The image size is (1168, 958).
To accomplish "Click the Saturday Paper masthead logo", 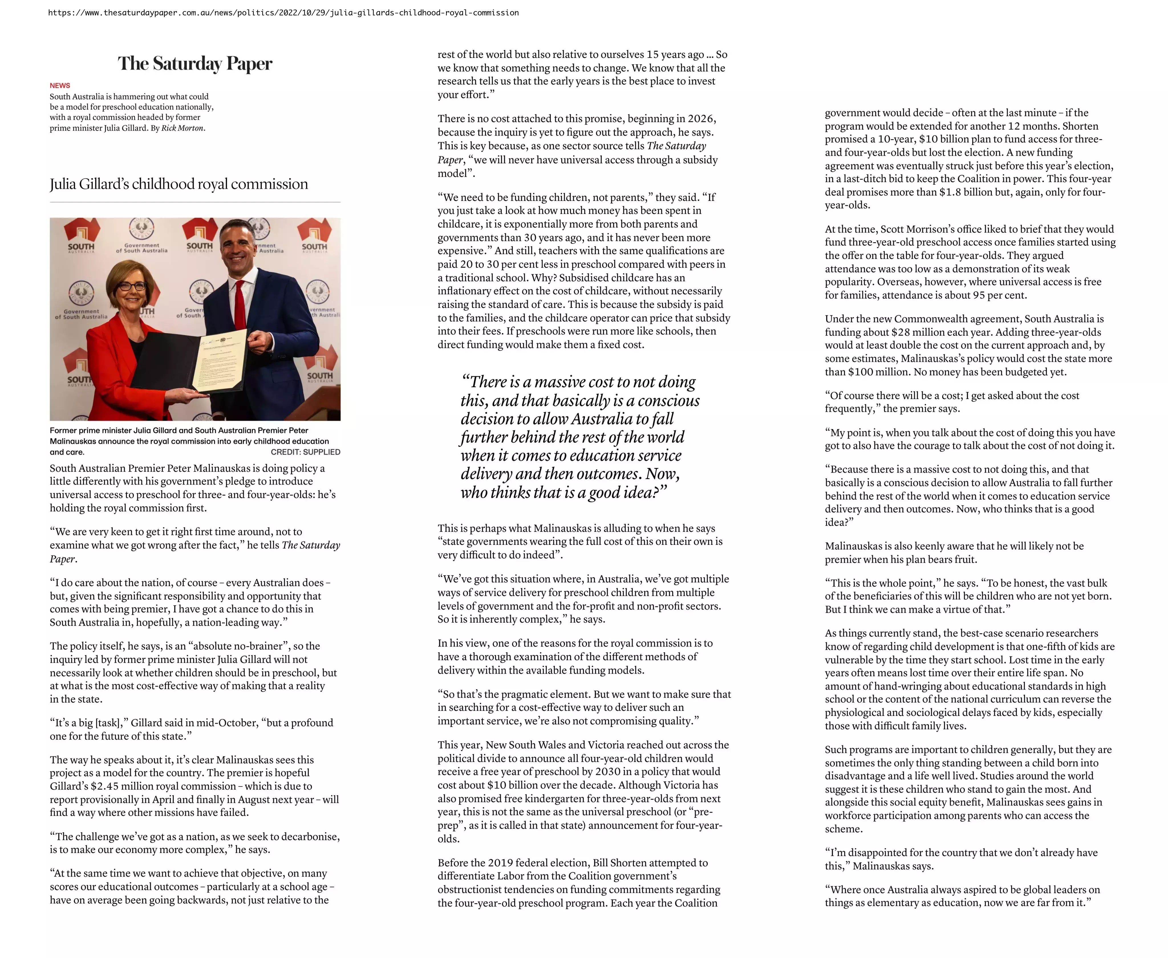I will [195, 64].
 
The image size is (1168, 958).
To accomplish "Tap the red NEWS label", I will [60, 86].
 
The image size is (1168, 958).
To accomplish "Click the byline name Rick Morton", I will [182, 128].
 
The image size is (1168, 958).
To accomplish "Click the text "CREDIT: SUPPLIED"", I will [305, 452].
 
